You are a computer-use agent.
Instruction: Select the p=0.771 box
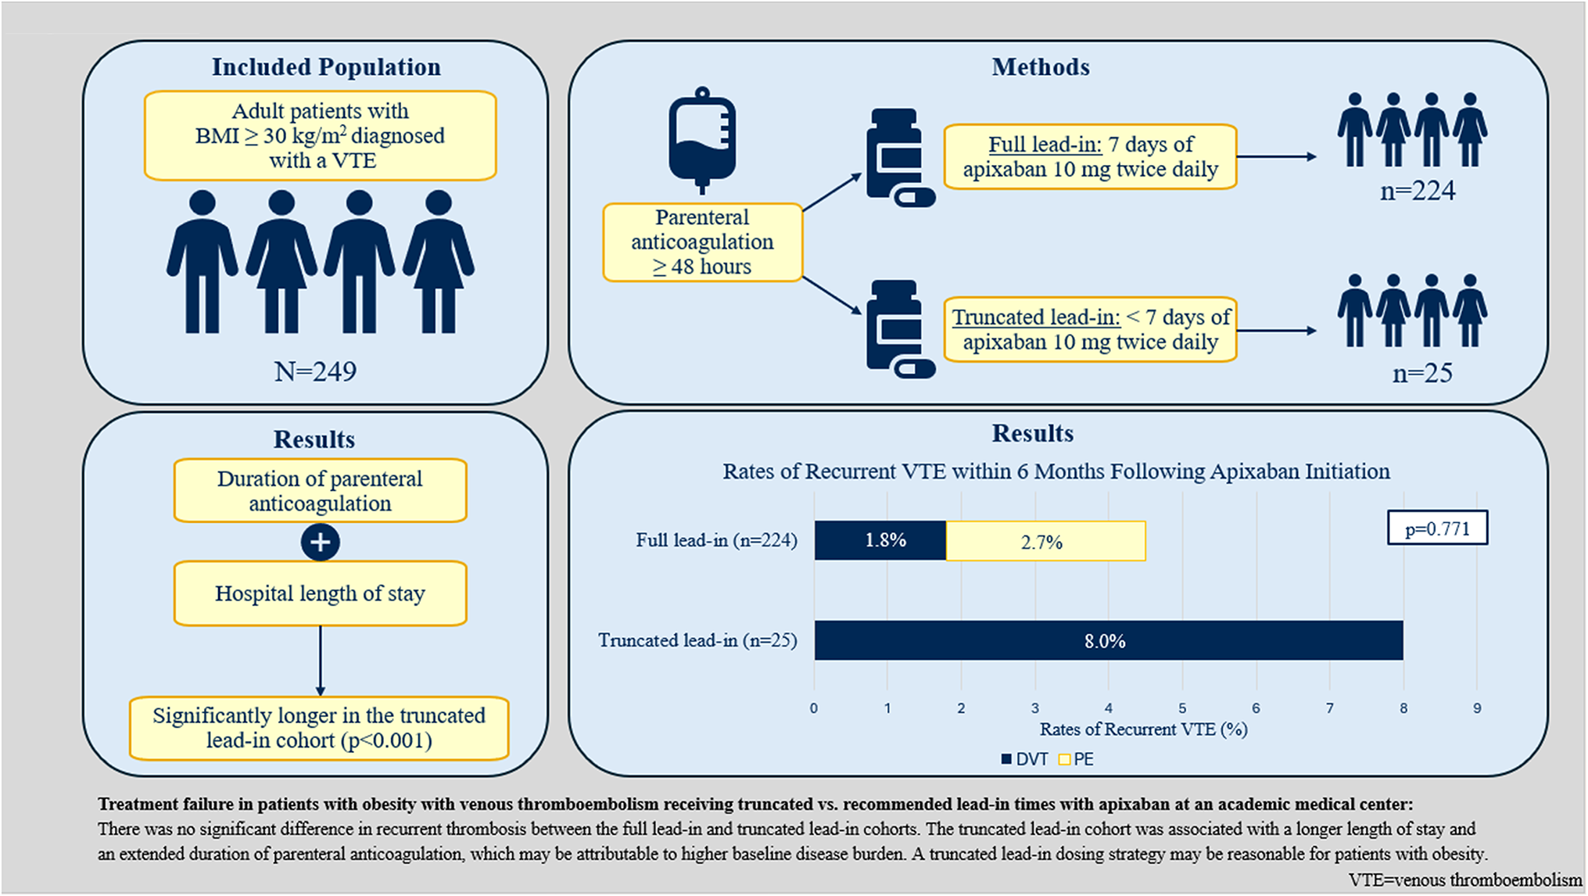click(1437, 529)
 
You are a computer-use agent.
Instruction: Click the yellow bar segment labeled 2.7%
click(1045, 542)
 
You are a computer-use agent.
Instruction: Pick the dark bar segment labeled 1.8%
click(880, 541)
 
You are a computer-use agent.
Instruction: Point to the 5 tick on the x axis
click(1182, 708)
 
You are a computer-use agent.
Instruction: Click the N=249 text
click(315, 371)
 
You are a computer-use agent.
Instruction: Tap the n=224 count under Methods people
click(1418, 191)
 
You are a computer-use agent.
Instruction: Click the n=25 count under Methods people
click(1422, 373)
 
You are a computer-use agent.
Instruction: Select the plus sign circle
click(321, 542)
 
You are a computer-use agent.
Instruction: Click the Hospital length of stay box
click(320, 593)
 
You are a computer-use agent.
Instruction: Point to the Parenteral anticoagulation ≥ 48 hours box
click(702, 242)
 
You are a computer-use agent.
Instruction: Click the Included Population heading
click(326, 67)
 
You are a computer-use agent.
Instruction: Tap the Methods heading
click(1041, 67)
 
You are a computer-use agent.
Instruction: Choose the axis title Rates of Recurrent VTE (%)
click(1143, 729)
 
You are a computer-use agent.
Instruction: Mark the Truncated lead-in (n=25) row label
click(697, 640)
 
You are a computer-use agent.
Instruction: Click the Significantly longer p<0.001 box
click(319, 728)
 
